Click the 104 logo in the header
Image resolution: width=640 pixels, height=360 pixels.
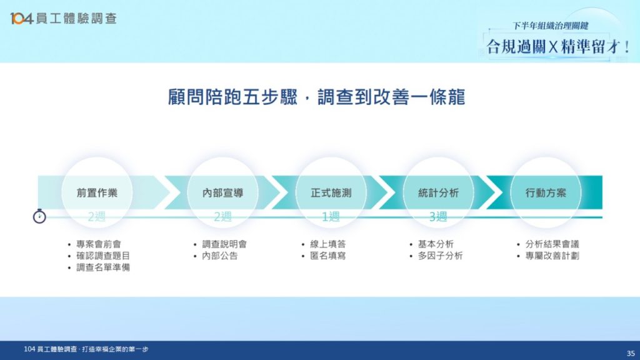point(21,18)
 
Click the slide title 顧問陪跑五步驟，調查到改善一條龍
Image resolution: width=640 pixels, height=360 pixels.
point(317,97)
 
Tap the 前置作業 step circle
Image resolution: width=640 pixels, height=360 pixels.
point(97,192)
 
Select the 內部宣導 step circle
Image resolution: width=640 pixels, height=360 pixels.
point(223,192)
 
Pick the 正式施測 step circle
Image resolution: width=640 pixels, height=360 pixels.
point(331,192)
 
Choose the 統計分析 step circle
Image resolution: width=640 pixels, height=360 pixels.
point(438,192)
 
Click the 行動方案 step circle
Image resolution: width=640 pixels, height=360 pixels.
point(546,192)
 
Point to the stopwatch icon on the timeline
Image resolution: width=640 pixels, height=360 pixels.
point(39,216)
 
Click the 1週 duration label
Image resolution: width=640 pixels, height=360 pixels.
point(331,216)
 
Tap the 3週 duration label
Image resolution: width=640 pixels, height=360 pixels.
point(438,216)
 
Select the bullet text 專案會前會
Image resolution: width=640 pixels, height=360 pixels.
point(99,244)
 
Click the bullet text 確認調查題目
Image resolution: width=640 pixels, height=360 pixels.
point(103,256)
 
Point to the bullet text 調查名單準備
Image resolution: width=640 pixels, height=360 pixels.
point(103,267)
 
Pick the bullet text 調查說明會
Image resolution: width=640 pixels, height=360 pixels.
point(224,244)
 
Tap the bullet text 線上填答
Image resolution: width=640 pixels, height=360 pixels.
point(327,244)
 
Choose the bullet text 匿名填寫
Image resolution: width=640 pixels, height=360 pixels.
point(327,256)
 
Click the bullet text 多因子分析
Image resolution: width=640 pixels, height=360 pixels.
point(440,256)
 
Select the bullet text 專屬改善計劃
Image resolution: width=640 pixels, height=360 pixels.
point(552,256)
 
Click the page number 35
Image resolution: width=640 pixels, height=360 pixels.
point(631,354)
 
